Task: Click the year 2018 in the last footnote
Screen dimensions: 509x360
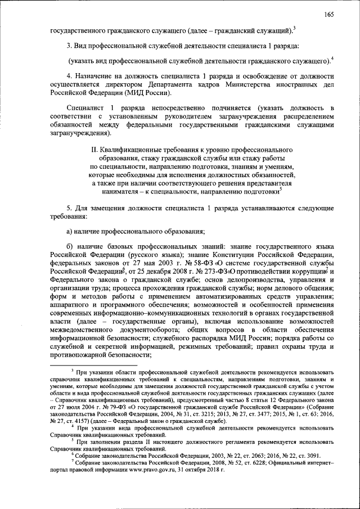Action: (210, 470)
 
